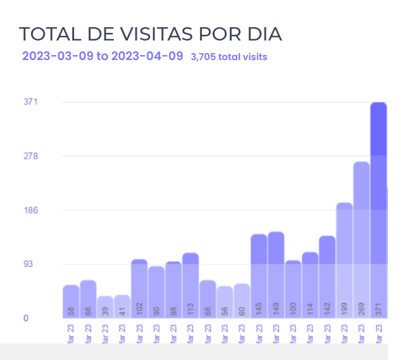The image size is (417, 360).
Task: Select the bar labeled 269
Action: (x=361, y=240)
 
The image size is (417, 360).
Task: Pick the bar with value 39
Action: (x=105, y=307)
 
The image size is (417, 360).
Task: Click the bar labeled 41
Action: (x=122, y=306)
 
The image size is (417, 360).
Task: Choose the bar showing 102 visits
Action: (x=139, y=289)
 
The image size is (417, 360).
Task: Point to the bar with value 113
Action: (x=190, y=285)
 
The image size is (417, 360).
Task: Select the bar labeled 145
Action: (x=259, y=276)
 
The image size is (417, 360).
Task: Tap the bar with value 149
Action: (x=276, y=275)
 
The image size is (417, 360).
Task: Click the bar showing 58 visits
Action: (x=71, y=302)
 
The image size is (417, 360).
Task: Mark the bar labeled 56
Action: (x=225, y=302)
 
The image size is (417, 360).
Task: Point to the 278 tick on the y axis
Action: (x=31, y=156)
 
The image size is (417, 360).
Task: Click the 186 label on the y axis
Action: (x=31, y=210)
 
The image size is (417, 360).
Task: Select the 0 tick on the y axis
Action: (x=26, y=318)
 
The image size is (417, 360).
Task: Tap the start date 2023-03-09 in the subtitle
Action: (x=58, y=56)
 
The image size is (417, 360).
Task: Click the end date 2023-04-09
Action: (x=147, y=56)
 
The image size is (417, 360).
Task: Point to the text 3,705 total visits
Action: (x=229, y=57)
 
